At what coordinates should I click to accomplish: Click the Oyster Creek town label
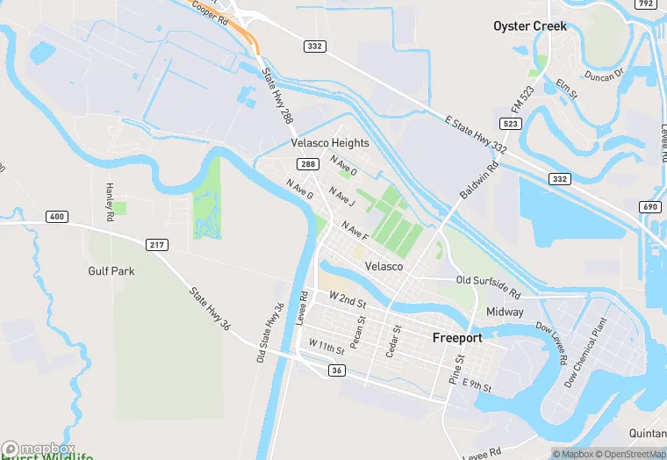529,25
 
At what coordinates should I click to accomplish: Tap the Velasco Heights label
330,143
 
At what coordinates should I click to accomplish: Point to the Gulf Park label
111,271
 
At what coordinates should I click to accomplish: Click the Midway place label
505,312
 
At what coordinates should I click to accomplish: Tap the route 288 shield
307,164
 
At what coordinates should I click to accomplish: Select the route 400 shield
57,217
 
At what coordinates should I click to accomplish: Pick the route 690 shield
650,206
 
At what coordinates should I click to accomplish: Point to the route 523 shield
511,123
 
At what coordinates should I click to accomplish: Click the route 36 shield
337,370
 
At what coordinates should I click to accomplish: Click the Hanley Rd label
110,202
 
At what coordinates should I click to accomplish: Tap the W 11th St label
326,349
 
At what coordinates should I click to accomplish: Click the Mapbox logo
38,449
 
